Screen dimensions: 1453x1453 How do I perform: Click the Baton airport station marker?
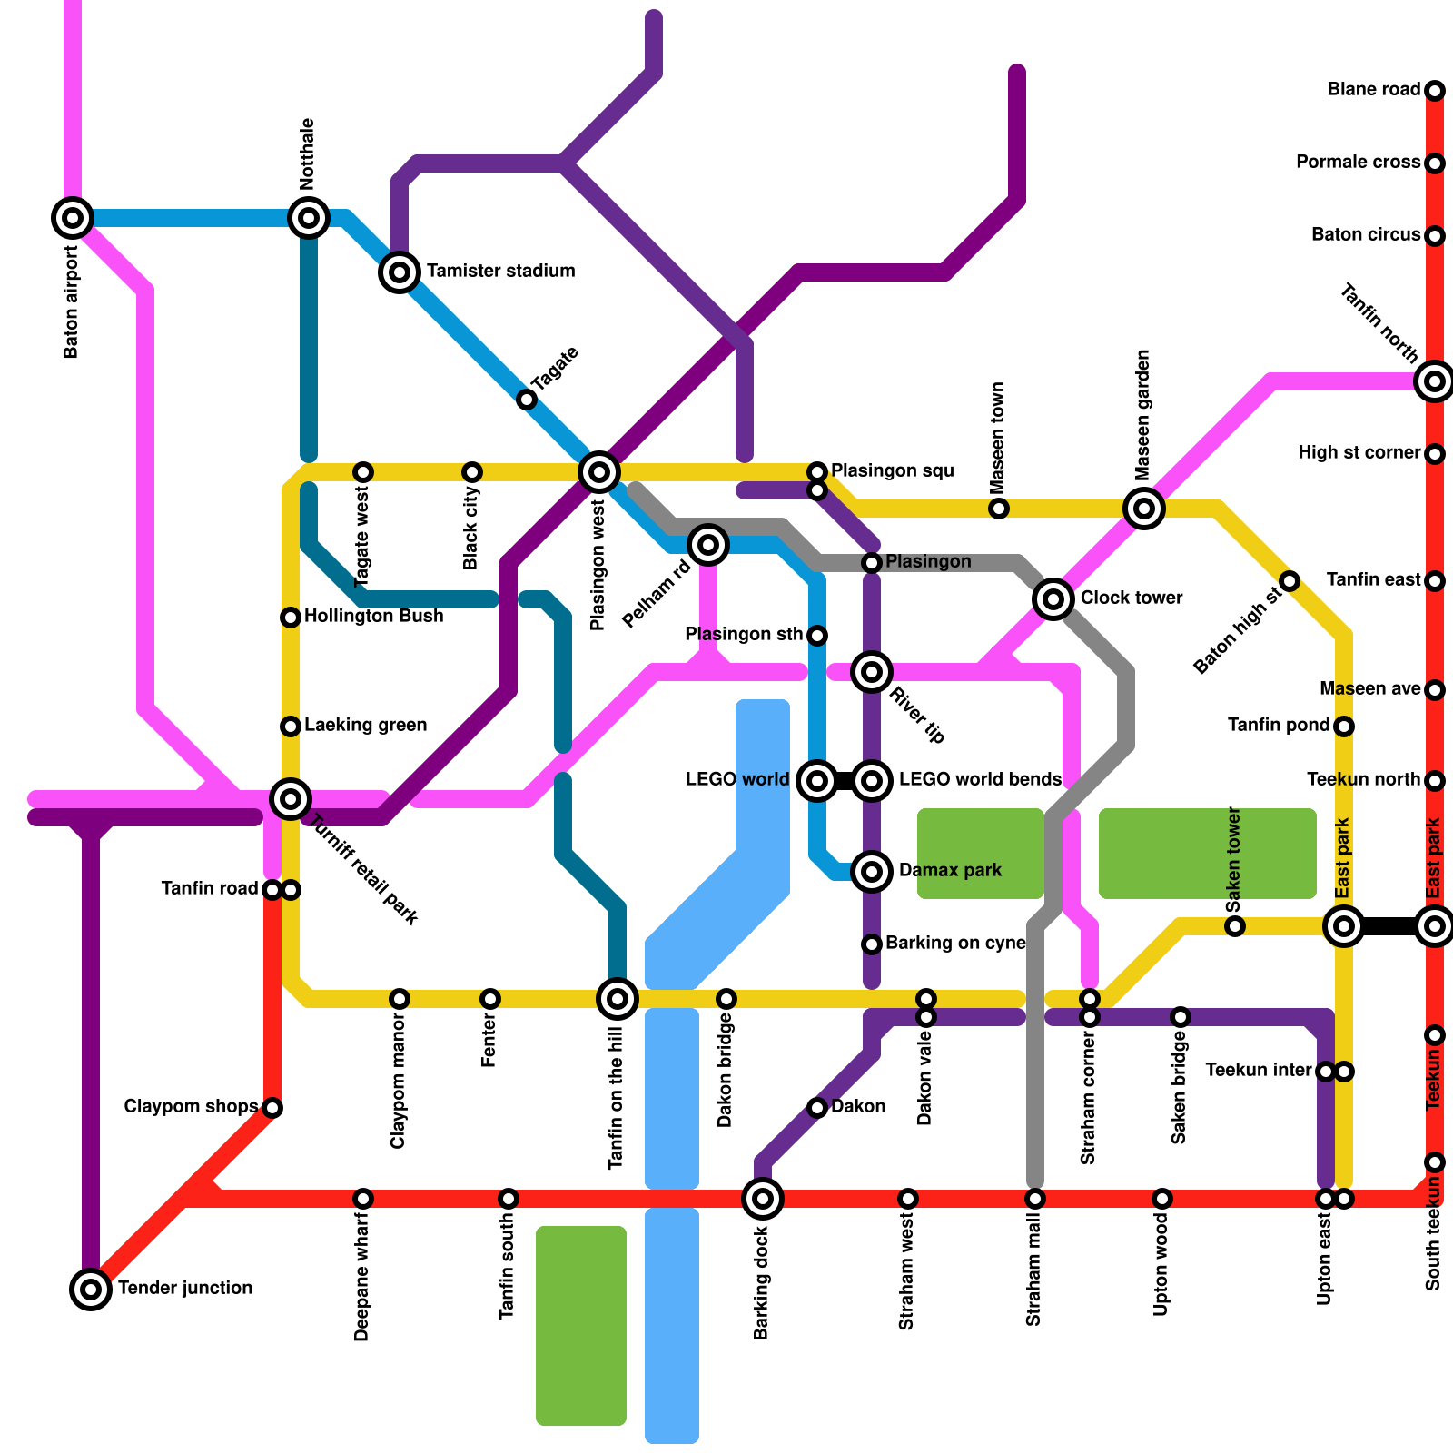[x=73, y=218]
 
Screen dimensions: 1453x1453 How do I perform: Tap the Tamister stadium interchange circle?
[x=400, y=272]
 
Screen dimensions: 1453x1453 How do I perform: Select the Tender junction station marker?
[x=91, y=1289]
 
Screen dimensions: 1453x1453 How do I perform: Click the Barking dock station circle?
[x=763, y=1199]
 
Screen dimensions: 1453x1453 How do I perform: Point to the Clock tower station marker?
[x=1053, y=598]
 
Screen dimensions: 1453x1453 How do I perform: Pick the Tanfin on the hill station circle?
[x=618, y=999]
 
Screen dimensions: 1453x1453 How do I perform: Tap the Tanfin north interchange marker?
[x=1435, y=381]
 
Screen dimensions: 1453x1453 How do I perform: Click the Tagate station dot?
[x=527, y=400]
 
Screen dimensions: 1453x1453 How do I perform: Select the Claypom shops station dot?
[x=272, y=1108]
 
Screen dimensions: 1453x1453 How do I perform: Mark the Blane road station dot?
[x=1435, y=91]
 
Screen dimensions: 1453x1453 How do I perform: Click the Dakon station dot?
[x=817, y=1108]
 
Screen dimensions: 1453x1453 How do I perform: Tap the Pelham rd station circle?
[x=708, y=545]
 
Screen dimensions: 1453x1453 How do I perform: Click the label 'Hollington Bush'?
[x=373, y=617]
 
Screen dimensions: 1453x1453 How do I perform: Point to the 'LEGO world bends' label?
[x=979, y=780]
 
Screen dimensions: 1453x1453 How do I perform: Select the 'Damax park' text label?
[x=950, y=871]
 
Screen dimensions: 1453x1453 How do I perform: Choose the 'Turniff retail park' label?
[x=364, y=870]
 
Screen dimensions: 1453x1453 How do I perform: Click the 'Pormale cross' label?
[x=1358, y=163]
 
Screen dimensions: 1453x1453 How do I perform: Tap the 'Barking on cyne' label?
[x=955, y=944]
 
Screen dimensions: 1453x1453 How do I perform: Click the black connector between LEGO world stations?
[x=845, y=781]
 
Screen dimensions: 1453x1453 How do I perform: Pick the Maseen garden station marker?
[x=1144, y=509]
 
